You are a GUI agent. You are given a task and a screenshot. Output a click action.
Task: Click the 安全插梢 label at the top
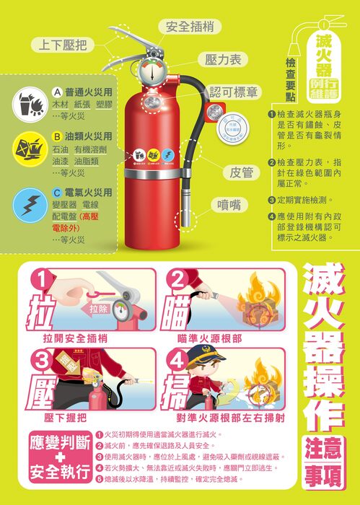point(189,27)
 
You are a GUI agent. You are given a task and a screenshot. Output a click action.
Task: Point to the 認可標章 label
point(234,92)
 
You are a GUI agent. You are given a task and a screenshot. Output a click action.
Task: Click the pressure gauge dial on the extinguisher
point(152,75)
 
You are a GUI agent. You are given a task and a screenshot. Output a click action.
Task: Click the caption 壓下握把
point(65,418)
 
